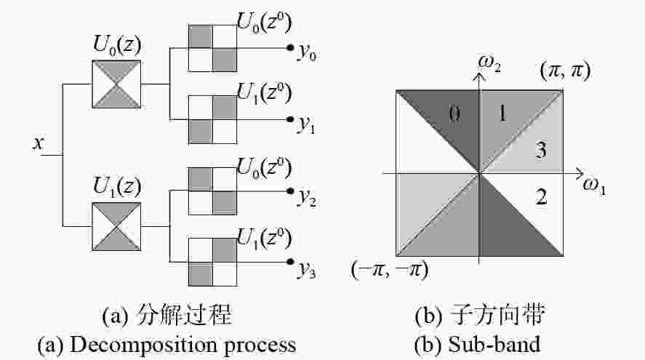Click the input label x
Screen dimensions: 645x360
point(39,143)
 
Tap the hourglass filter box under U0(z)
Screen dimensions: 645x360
point(116,84)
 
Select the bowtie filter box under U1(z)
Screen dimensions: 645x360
point(116,226)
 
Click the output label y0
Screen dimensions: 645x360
point(308,52)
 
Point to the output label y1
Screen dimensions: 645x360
point(307,124)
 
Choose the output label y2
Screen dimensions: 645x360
point(308,197)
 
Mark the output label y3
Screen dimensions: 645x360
point(308,270)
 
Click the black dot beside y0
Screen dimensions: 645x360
point(290,48)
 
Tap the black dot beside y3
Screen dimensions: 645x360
point(290,262)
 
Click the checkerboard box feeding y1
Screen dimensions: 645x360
point(212,120)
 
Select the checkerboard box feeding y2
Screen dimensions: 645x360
point(212,191)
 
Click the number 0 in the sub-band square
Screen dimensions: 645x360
point(454,113)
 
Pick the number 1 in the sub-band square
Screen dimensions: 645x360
point(502,113)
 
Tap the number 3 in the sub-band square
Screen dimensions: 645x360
point(541,149)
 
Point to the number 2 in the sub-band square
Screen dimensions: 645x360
point(541,196)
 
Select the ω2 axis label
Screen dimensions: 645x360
point(489,64)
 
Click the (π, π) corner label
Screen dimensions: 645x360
point(565,71)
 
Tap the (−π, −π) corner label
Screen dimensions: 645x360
point(390,271)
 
